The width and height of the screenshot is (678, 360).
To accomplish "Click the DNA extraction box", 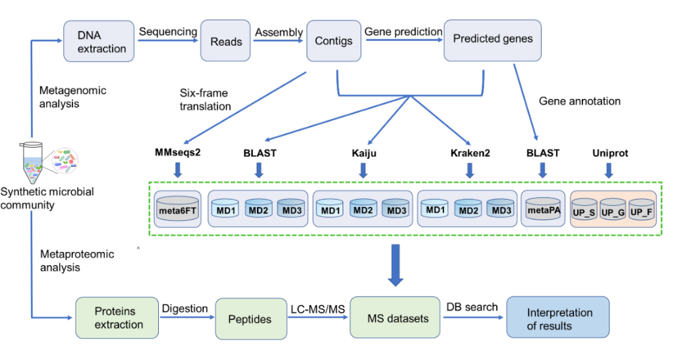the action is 99,41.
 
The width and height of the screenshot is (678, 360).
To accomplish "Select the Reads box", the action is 226,41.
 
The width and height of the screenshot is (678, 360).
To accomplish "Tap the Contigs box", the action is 334,41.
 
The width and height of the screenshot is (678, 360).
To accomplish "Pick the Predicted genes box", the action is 492,40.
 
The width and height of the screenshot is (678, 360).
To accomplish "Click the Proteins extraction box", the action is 117,318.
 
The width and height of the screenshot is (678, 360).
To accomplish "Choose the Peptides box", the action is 251,319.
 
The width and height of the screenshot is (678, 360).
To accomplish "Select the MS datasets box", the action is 395,317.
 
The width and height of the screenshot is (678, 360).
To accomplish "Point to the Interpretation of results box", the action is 558,317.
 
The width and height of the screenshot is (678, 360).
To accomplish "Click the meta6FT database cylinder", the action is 178,208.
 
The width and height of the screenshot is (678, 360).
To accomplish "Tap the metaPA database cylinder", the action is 543,208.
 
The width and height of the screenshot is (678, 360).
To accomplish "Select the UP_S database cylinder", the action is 584,210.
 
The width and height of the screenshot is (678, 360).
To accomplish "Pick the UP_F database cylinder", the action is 642,210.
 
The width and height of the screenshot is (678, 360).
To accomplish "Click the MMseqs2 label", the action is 178,152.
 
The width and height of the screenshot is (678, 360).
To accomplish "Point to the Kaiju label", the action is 364,153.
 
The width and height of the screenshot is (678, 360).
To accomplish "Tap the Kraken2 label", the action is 470,153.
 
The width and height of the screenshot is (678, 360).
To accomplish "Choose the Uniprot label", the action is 610,153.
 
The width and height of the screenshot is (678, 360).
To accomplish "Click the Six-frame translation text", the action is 205,100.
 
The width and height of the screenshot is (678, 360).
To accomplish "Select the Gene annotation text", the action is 579,102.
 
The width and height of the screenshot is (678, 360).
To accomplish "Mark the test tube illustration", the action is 32,163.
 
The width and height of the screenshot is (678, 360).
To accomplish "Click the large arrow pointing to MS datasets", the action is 395,265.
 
